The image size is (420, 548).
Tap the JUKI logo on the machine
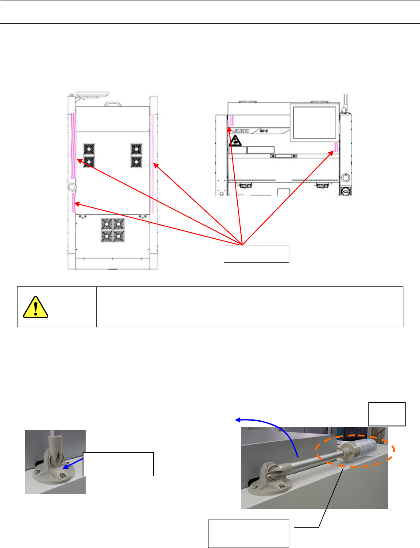[x=240, y=131]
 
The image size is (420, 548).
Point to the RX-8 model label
[x=263, y=130]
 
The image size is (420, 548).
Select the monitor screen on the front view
[x=313, y=123]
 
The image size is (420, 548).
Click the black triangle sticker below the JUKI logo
[x=236, y=141]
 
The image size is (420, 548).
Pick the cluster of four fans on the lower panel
[x=113, y=230]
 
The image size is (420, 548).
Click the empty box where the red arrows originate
[x=256, y=254]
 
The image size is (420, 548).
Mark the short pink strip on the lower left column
[x=74, y=199]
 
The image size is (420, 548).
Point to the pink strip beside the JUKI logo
[x=231, y=120]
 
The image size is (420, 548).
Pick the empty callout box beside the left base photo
[x=118, y=464]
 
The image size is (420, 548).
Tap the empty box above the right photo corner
[x=387, y=414]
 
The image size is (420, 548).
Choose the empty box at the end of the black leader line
[x=248, y=533]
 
